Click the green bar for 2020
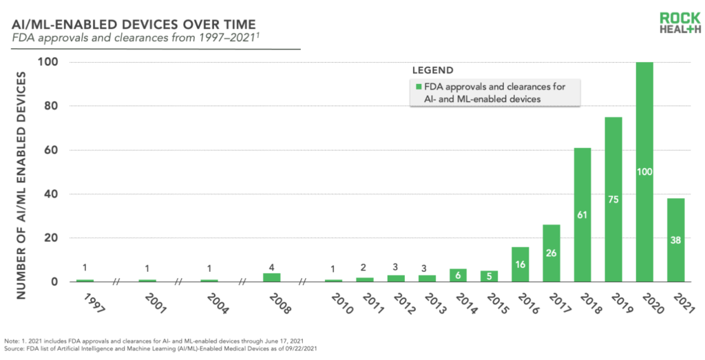(x=644, y=171)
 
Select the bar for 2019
(x=613, y=200)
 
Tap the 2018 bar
(x=582, y=215)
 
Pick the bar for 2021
(x=676, y=240)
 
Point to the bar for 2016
(x=520, y=264)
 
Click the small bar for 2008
(x=271, y=277)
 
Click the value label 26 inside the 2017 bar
(x=551, y=253)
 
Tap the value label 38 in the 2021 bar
(x=676, y=240)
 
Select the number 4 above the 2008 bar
(x=271, y=267)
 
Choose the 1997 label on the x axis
(x=94, y=304)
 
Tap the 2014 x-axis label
(x=466, y=304)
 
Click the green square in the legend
(x=419, y=87)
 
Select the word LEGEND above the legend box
(x=432, y=71)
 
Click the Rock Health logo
(x=680, y=23)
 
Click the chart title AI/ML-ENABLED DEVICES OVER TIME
(x=134, y=24)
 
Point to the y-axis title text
(x=21, y=185)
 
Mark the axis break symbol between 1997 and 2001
(x=116, y=282)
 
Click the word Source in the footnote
(x=13, y=348)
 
